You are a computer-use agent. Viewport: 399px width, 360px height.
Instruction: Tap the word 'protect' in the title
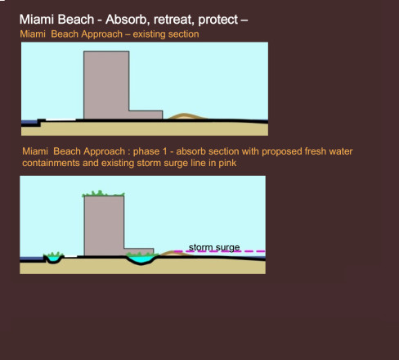(218, 20)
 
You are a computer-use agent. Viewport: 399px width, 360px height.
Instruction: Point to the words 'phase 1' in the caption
(150, 151)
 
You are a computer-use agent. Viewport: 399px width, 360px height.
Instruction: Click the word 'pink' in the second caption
(227, 163)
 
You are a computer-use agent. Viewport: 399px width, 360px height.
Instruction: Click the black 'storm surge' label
(214, 248)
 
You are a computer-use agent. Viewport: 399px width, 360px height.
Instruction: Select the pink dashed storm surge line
(220, 251)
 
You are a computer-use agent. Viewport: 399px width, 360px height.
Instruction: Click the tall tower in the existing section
(106, 85)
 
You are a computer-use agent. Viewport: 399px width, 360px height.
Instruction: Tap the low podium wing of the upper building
(146, 115)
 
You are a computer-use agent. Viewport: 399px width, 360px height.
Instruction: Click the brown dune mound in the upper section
(187, 116)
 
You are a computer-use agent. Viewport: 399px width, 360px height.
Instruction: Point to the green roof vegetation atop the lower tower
(103, 194)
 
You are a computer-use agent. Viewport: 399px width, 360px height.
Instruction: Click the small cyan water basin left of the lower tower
(54, 259)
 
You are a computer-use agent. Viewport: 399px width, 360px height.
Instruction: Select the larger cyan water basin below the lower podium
(141, 259)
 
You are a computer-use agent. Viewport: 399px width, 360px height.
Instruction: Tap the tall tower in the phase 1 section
(104, 226)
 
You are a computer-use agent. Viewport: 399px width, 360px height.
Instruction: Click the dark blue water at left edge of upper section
(29, 122)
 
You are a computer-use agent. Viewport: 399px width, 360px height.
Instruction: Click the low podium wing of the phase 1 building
(139, 251)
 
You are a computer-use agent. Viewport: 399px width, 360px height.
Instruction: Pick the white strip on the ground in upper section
(61, 119)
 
